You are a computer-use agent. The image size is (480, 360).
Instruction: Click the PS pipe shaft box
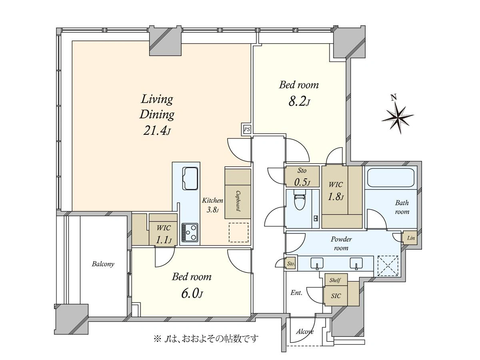click(x=247, y=129)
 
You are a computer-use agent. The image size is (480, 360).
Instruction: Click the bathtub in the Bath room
click(x=391, y=177)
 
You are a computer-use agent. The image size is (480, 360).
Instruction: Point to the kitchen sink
click(x=190, y=178)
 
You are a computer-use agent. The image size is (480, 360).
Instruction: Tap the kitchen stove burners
click(x=190, y=232)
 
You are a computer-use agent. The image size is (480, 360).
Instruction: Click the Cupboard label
click(x=238, y=201)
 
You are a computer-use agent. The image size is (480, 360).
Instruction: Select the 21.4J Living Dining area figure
click(x=156, y=131)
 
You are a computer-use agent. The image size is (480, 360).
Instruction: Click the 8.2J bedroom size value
click(x=299, y=102)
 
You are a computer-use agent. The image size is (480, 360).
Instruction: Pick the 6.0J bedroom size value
click(x=192, y=294)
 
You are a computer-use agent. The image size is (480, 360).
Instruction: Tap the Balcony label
click(x=103, y=264)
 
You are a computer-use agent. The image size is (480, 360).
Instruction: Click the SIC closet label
click(x=336, y=296)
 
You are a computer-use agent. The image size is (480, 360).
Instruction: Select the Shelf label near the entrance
click(x=335, y=280)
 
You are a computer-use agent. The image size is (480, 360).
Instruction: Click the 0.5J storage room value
click(x=302, y=182)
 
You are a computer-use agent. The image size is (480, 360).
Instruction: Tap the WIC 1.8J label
click(x=336, y=191)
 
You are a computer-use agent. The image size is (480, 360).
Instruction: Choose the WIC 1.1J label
click(x=163, y=234)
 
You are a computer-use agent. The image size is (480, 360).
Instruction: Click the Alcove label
click(x=305, y=332)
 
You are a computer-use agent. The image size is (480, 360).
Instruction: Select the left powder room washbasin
click(x=317, y=263)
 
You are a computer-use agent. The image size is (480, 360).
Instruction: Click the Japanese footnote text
click(x=206, y=339)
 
